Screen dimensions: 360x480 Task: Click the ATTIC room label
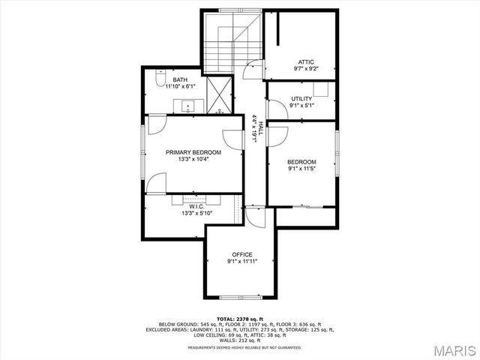click(x=305, y=61)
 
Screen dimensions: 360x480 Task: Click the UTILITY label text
click(x=301, y=98)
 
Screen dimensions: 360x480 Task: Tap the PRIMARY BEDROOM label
click(x=193, y=151)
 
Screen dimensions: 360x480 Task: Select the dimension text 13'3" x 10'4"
click(x=193, y=159)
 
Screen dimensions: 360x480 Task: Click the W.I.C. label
click(x=196, y=205)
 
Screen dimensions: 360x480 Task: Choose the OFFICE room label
click(x=241, y=254)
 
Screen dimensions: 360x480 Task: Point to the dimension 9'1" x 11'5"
click(x=301, y=169)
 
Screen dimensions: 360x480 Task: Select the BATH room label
click(x=180, y=79)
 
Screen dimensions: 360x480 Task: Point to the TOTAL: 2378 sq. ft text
click(x=240, y=319)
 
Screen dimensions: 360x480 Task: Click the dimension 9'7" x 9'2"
click(x=305, y=68)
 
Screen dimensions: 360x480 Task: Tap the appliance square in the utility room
click(x=321, y=88)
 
